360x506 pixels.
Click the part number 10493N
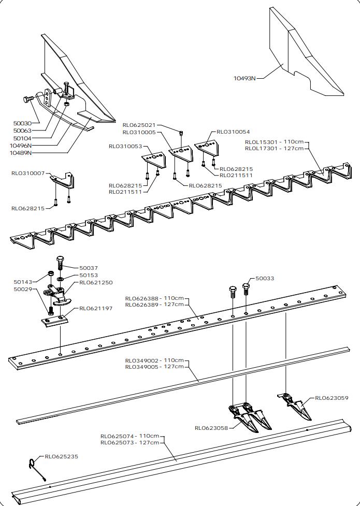[244, 78]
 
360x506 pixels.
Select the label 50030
[22, 124]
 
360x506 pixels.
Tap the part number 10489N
[21, 153]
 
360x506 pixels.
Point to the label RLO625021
[139, 125]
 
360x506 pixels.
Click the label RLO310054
[233, 132]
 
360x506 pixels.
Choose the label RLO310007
[28, 173]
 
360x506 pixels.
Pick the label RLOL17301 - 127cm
[273, 148]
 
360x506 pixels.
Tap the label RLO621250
[96, 283]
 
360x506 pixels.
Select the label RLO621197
[96, 308]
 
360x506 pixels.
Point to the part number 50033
[265, 279]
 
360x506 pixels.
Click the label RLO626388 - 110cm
[154, 298]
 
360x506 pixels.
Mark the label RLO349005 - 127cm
[154, 367]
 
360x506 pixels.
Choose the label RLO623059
[332, 398]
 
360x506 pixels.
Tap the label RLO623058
[211, 428]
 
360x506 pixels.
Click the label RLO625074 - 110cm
[129, 436]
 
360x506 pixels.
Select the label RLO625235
[61, 457]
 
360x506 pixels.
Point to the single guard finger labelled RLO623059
[296, 406]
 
